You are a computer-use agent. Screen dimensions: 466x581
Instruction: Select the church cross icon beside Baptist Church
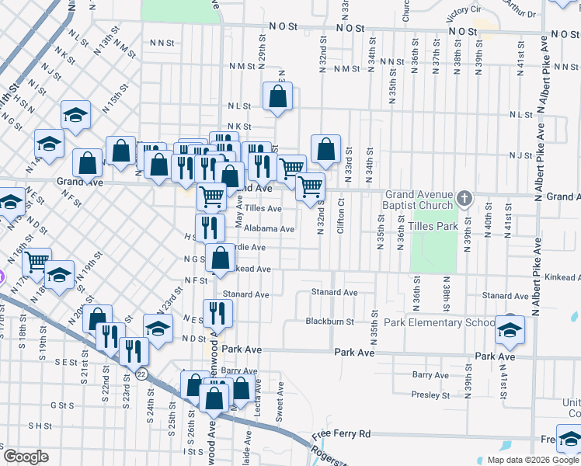point(464,197)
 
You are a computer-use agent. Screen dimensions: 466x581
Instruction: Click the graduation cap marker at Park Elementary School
point(510,329)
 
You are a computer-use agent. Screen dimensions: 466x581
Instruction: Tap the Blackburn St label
point(329,322)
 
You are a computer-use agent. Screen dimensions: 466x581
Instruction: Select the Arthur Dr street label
point(519,9)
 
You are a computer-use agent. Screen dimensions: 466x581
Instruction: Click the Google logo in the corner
point(26,457)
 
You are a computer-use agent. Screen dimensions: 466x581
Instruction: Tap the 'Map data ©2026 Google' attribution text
point(532,460)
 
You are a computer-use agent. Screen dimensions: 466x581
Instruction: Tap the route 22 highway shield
point(141,374)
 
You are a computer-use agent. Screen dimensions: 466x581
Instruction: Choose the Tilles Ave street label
point(263,209)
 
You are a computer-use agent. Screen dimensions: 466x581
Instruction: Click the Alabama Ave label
point(269,229)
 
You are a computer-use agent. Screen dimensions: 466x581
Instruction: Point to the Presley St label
point(426,395)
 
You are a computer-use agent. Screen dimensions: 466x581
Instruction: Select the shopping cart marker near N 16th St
point(37,262)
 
